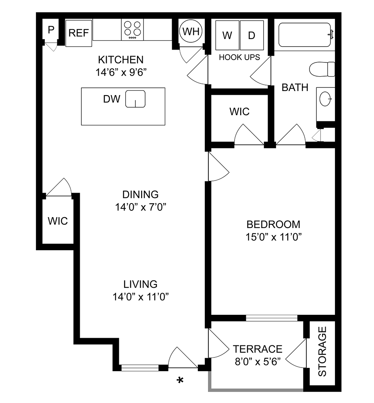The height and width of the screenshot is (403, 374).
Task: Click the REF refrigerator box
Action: [79, 33]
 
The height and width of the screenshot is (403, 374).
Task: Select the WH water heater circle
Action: [191, 31]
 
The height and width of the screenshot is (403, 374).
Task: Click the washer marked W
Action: [227, 35]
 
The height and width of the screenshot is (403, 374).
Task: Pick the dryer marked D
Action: [252, 35]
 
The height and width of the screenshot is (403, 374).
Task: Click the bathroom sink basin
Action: [325, 98]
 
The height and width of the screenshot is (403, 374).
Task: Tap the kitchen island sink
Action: [135, 99]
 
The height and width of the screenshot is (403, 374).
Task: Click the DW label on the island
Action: [112, 99]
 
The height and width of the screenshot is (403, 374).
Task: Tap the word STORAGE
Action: [322, 351]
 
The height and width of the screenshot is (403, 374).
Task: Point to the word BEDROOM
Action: [273, 224]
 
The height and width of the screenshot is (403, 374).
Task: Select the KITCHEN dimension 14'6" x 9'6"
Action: [121, 73]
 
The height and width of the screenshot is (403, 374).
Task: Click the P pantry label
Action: [51, 30]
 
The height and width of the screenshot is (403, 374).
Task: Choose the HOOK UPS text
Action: [239, 57]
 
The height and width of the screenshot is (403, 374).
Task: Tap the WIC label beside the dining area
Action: [58, 221]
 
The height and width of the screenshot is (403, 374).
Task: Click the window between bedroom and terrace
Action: [272, 318]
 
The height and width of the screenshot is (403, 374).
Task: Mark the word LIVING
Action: [140, 284]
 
